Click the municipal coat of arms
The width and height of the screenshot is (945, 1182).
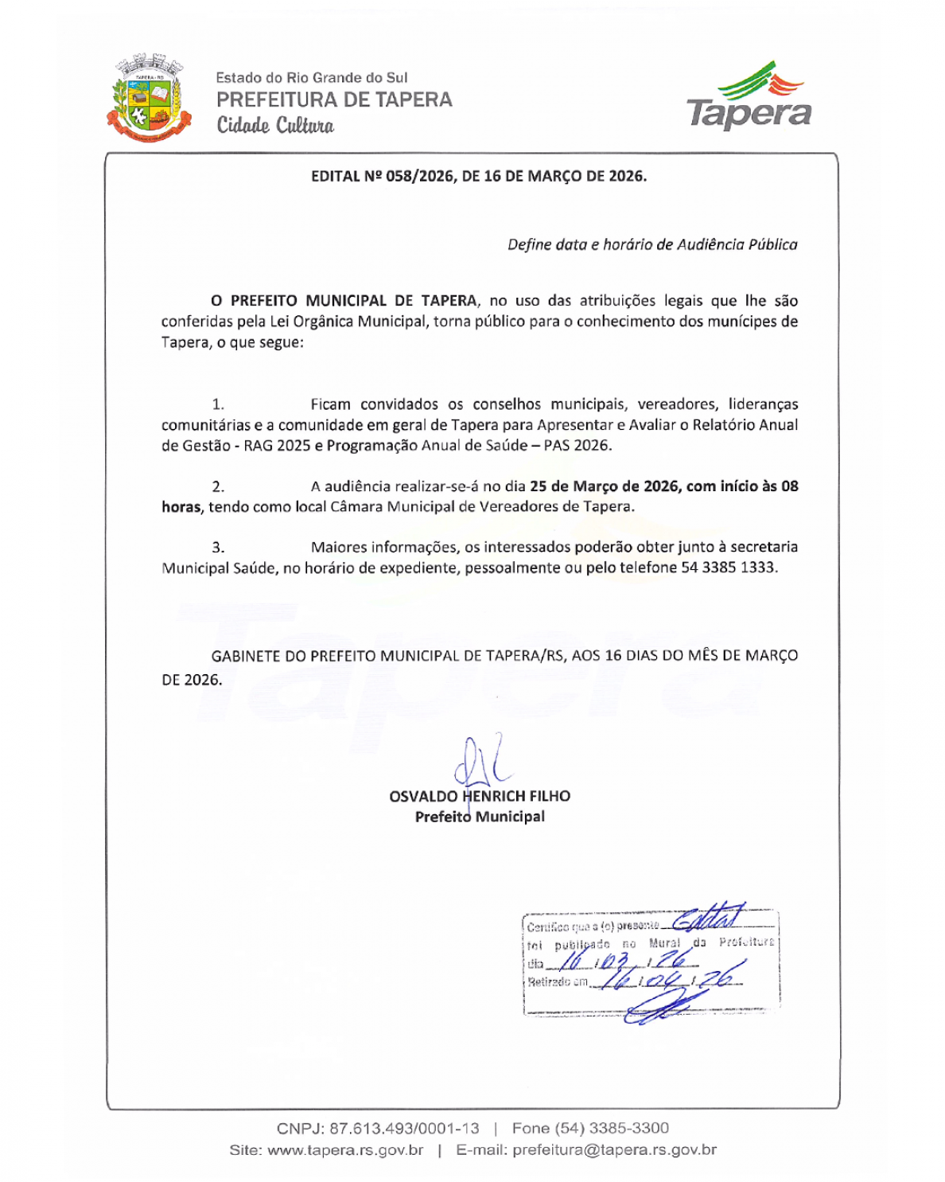[150, 99]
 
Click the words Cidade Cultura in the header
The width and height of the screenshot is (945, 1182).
[275, 126]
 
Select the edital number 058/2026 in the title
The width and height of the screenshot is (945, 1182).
[419, 176]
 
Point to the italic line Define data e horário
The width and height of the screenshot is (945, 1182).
[652, 244]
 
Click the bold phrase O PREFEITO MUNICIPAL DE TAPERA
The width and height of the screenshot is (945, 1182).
[344, 301]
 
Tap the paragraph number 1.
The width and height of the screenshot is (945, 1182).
[217, 404]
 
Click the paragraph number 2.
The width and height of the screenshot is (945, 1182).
[217, 486]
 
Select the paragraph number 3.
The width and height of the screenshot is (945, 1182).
[217, 548]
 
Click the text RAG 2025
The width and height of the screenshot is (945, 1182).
[277, 446]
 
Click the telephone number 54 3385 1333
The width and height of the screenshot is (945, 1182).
[729, 568]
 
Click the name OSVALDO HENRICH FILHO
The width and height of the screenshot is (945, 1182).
[480, 796]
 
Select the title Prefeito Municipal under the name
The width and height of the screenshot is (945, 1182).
[480, 817]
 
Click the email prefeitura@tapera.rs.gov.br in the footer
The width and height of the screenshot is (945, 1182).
[614, 1149]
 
